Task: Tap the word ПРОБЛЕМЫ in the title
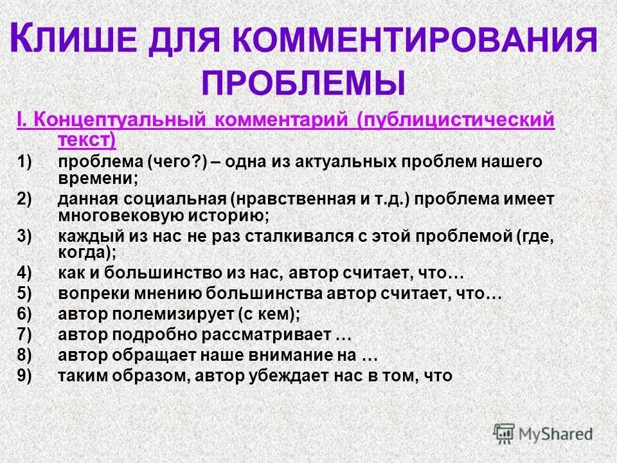[305, 83]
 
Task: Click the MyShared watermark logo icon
[504, 433]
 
